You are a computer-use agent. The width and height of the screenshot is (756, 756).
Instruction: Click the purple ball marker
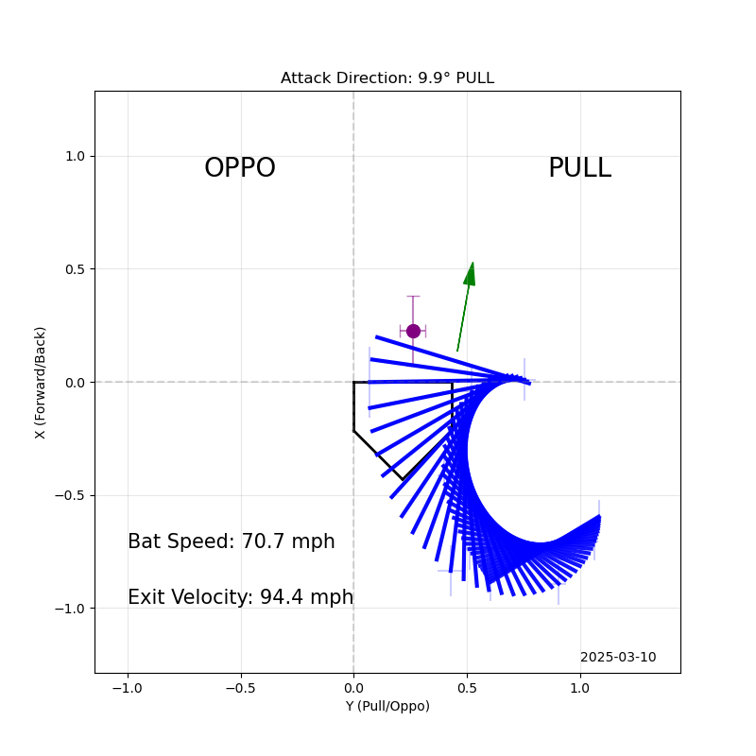tap(413, 331)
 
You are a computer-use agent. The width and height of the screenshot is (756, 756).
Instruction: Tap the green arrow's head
tap(470, 273)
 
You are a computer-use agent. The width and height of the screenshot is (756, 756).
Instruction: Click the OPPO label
tap(240, 168)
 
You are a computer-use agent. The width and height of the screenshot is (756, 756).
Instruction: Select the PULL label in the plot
tap(579, 168)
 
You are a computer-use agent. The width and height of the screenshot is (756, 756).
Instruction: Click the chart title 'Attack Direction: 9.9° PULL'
tap(387, 78)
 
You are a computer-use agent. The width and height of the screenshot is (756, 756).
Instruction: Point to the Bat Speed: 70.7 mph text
tap(232, 541)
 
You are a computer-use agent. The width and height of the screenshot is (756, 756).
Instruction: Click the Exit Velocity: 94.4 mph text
tap(240, 597)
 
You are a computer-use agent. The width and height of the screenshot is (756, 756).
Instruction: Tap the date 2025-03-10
tap(618, 658)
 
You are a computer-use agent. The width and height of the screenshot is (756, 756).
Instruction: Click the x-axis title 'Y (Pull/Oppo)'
tap(387, 706)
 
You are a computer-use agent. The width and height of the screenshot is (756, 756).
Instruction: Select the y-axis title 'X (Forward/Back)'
tap(41, 382)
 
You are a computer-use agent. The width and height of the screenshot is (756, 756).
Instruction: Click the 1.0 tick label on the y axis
tap(74, 156)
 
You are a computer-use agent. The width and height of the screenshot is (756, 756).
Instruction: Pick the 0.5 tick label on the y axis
tap(74, 269)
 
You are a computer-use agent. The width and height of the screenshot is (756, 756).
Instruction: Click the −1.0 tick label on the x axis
tap(128, 688)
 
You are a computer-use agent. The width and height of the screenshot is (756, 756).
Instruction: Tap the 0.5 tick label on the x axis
tap(467, 688)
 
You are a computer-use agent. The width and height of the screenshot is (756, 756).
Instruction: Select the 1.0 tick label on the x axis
tap(579, 688)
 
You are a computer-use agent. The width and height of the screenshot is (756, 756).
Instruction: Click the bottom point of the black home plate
tap(403, 479)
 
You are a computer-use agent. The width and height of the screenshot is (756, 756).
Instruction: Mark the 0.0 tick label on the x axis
tap(353, 688)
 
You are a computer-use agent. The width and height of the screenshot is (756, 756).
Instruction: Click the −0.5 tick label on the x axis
tap(240, 688)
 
